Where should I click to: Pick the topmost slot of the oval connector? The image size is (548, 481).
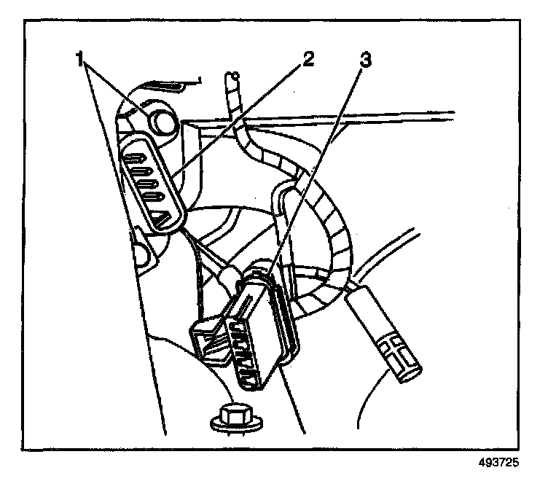138,155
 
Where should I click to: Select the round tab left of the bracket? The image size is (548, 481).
138,251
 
